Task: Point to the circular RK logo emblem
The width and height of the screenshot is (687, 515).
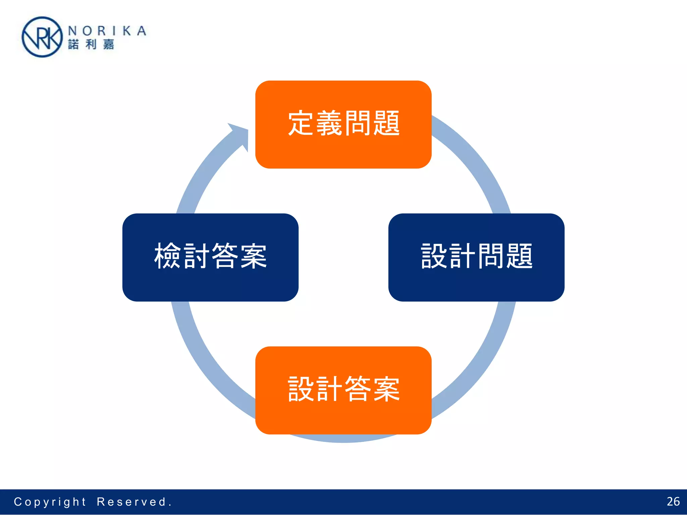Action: click(42, 37)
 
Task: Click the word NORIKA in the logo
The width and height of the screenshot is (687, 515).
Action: click(107, 31)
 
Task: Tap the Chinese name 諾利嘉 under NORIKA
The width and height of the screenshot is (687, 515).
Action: click(91, 44)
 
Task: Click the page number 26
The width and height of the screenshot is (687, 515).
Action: click(673, 501)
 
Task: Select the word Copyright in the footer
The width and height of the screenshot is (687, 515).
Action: click(50, 502)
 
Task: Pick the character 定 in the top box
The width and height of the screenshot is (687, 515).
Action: click(301, 123)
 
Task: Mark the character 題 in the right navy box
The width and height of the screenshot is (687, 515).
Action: click(519, 256)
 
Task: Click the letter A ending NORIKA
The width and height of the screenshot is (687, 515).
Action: click(142, 31)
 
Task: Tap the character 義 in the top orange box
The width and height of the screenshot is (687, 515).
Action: click(329, 123)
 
